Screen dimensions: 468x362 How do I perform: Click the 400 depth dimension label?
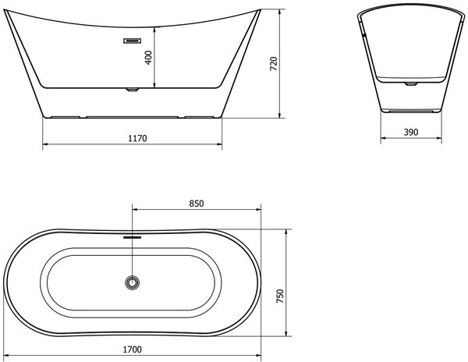[148, 58]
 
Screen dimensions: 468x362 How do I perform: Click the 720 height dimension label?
[274, 63]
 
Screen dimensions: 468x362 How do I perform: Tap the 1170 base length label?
[137, 138]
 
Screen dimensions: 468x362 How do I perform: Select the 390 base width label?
[411, 132]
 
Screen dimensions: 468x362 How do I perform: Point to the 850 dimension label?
[197, 204]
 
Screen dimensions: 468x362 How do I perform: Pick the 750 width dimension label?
[280, 296]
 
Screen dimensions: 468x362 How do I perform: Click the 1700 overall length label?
[133, 350]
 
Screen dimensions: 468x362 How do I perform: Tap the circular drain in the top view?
[133, 282]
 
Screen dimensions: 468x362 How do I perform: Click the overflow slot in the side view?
[133, 41]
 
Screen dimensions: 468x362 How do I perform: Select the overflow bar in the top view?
[133, 237]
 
